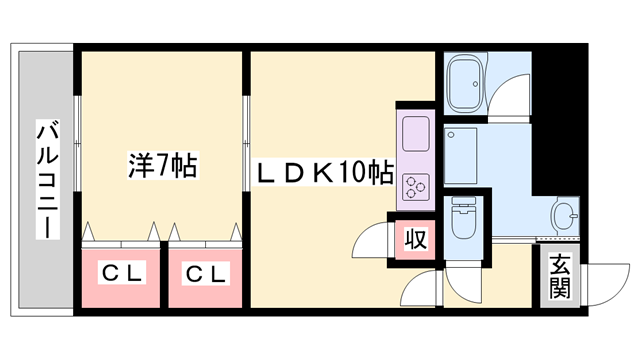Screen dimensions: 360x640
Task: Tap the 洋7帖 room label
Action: tap(163, 165)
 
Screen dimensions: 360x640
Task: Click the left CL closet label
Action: tap(121, 272)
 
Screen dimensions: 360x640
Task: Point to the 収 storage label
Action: tap(415, 240)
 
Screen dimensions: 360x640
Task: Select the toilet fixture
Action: tap(464, 219)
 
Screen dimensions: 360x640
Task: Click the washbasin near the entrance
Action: tap(566, 214)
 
